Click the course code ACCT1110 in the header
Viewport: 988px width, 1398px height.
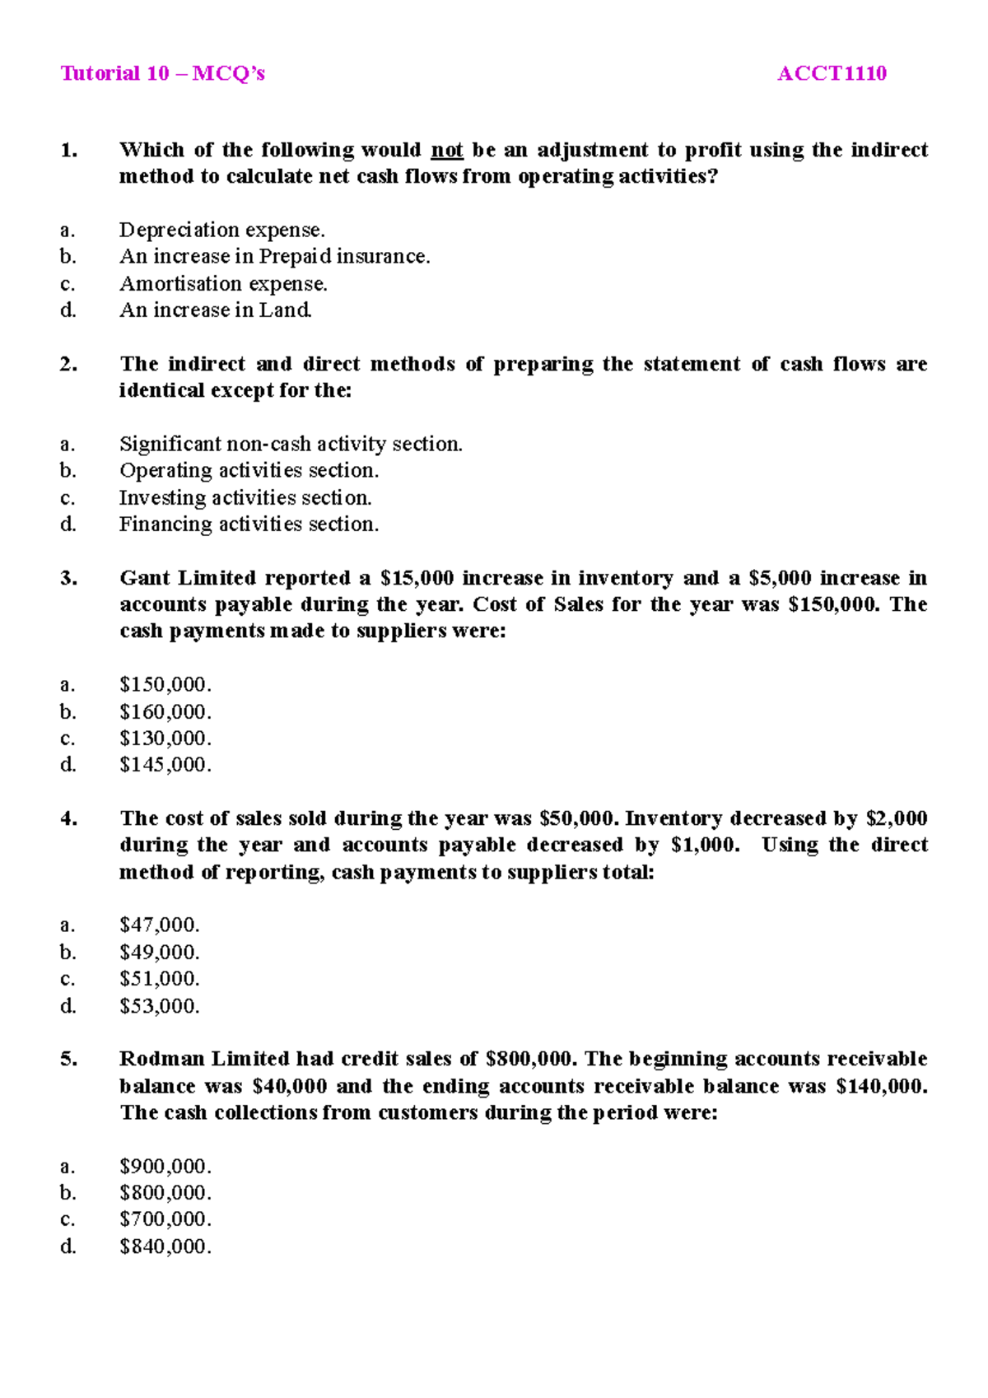pos(832,74)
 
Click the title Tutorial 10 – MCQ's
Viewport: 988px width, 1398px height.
pos(162,74)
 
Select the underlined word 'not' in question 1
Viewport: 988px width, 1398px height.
pos(447,151)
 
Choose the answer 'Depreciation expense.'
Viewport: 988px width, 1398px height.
pos(221,230)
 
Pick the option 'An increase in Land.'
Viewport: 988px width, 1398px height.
pos(216,310)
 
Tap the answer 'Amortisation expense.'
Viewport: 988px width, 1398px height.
pos(223,284)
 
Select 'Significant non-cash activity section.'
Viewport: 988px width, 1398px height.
pos(291,445)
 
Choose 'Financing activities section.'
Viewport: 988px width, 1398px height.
pos(249,524)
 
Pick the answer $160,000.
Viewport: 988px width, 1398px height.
pos(165,712)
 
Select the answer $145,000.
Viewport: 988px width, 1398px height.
pos(165,765)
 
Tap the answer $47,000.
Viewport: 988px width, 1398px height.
pos(159,925)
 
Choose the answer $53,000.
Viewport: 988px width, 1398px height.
pos(159,1006)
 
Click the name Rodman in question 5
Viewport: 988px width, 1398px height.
pos(161,1059)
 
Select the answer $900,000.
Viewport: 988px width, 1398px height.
pos(165,1167)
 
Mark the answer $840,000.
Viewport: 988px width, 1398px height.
pos(165,1247)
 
